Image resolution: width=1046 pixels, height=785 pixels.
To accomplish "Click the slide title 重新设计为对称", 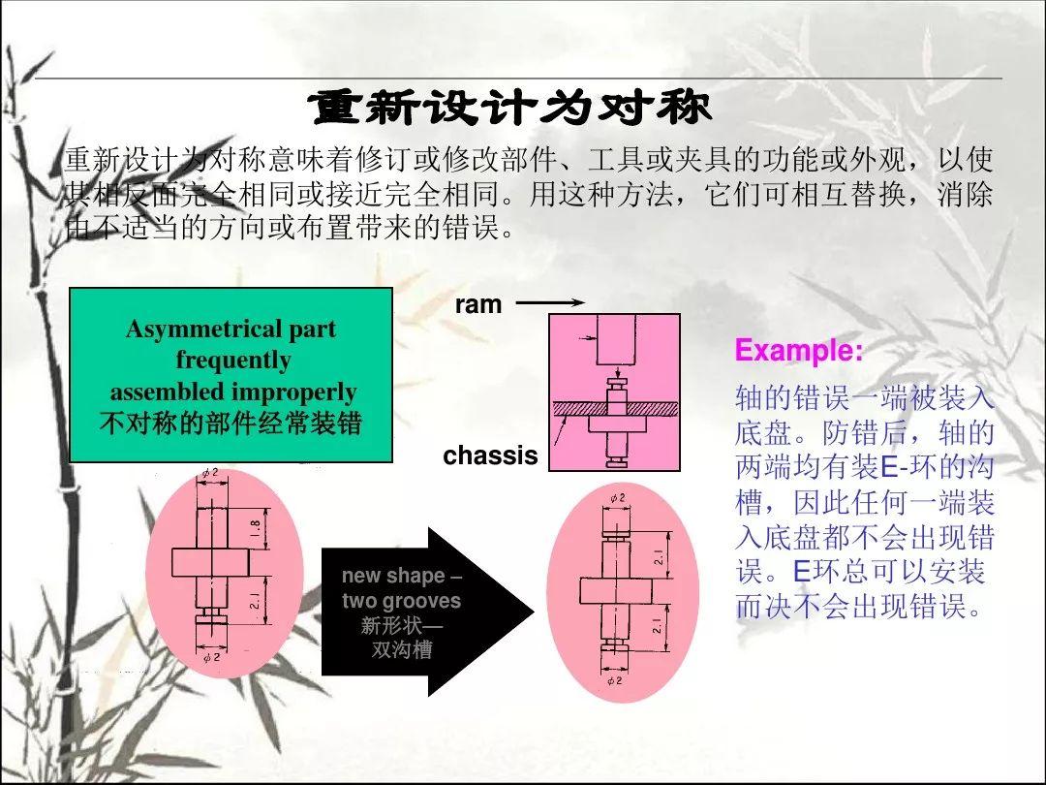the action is (x=509, y=108).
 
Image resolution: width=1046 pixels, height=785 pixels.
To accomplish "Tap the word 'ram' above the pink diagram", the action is (x=477, y=304).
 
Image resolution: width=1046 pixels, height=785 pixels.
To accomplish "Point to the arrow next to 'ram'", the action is (x=550, y=302).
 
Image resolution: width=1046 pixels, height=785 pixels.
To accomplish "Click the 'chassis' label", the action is (x=490, y=455).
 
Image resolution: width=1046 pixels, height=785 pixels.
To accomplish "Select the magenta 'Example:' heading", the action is (x=798, y=351).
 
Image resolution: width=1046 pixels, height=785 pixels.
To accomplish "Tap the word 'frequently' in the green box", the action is (x=232, y=361).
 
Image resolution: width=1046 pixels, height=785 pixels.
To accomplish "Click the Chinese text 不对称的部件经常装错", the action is (x=231, y=424).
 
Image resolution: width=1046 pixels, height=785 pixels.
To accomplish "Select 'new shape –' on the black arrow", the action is (x=402, y=576).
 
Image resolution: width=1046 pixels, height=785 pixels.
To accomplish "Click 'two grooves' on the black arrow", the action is (x=401, y=601).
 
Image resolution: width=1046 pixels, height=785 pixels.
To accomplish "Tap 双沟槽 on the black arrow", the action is (x=402, y=649).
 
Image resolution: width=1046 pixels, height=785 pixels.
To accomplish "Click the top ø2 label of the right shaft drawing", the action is (x=617, y=497).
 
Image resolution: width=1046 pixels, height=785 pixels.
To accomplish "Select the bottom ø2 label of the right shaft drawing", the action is (x=614, y=680).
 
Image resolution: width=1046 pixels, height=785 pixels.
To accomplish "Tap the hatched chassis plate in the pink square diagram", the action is (x=614, y=409).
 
